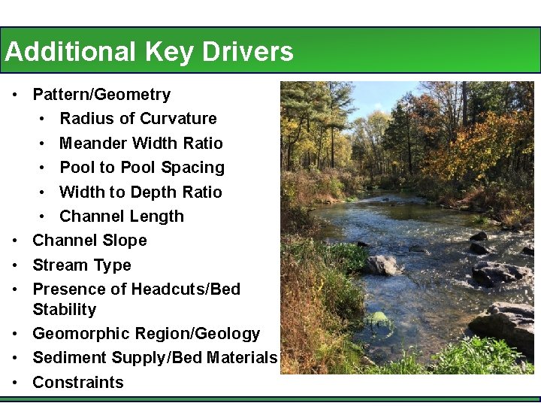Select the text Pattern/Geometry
(101, 95)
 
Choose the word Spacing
(193, 168)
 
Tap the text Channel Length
(122, 217)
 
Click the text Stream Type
(82, 265)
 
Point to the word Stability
(65, 310)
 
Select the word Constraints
(78, 383)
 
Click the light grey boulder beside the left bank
(381, 265)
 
